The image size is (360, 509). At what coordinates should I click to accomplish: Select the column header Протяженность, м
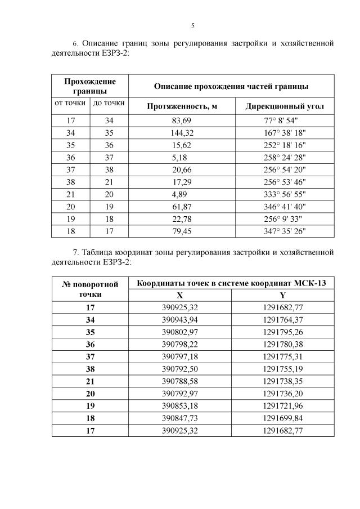[182, 106]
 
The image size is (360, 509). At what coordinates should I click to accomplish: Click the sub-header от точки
[69, 103]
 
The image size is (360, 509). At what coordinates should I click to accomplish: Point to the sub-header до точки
[109, 103]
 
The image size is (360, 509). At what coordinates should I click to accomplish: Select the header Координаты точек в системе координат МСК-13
[231, 283]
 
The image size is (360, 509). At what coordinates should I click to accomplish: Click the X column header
[179, 295]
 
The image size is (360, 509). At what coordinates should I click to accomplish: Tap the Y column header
[282, 295]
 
